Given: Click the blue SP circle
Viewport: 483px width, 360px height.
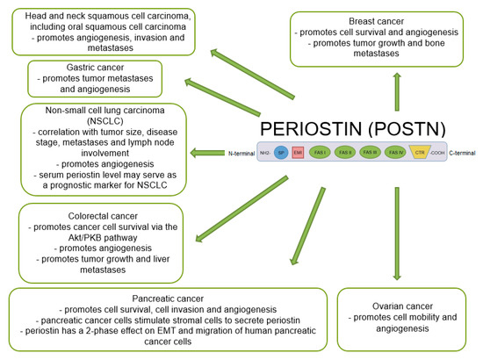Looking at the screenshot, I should tap(280, 151).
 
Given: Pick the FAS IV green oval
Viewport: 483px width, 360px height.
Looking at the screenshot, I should tap(396, 151).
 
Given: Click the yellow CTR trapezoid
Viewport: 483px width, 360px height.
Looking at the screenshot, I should tap(422, 151).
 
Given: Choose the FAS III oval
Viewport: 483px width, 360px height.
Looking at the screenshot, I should tap(370, 151).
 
